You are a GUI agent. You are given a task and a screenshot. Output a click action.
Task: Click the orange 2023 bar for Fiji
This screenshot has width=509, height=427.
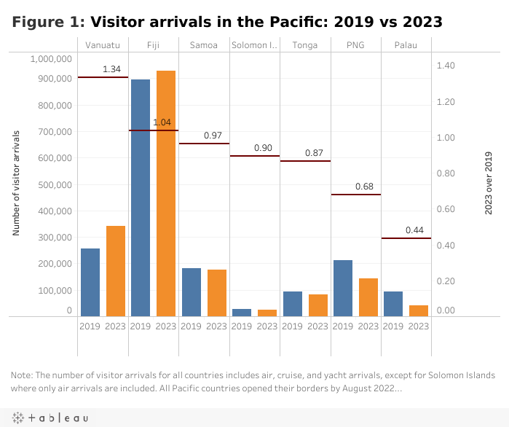(x=166, y=193)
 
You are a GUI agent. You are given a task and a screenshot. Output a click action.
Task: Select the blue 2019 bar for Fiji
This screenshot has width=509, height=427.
(x=141, y=197)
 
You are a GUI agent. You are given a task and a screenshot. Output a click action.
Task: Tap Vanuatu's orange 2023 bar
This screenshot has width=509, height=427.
(x=115, y=271)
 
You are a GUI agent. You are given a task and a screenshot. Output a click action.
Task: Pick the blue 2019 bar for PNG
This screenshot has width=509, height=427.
(x=343, y=288)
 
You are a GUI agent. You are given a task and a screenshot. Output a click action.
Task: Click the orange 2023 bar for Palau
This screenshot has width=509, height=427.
(x=419, y=310)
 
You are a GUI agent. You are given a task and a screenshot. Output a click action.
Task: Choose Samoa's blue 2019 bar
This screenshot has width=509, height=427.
(x=192, y=292)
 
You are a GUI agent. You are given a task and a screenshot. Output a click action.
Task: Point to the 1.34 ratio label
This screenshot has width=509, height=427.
(x=111, y=69)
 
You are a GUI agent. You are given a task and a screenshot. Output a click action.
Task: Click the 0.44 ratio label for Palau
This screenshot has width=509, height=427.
(x=414, y=230)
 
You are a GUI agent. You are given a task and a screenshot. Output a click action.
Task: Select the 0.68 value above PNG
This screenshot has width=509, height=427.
(x=364, y=187)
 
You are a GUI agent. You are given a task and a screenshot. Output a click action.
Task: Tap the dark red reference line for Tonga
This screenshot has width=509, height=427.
(x=305, y=160)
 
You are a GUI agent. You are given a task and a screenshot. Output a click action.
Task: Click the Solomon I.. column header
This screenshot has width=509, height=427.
(x=254, y=45)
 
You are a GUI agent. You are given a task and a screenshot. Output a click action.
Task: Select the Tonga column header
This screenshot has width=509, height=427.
(x=304, y=45)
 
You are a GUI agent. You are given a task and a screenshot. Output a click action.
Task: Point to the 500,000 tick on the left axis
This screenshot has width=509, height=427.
(x=50, y=184)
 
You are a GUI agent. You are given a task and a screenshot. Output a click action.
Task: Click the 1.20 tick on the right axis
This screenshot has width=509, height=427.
(x=446, y=101)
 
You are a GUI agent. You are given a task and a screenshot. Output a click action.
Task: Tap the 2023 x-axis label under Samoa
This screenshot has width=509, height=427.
(x=216, y=326)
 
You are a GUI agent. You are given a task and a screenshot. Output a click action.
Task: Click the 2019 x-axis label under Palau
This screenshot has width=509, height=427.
(x=393, y=326)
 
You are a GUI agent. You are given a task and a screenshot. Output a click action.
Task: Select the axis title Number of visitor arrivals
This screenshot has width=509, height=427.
(x=15, y=183)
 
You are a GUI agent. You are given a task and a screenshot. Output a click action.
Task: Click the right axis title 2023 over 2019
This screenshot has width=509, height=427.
(x=489, y=183)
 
